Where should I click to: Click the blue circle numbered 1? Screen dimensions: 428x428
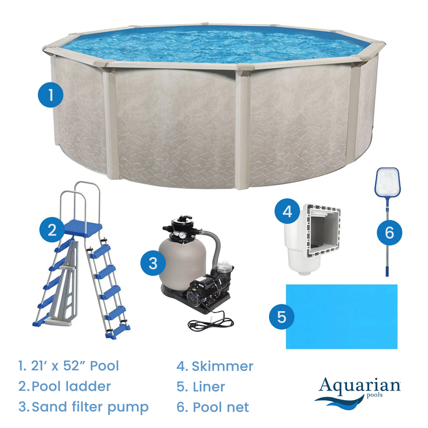tap(50, 95)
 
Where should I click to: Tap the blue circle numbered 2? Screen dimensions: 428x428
tap(52, 230)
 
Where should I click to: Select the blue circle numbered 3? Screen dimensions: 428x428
tap(153, 263)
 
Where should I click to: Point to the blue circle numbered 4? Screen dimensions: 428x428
tap(287, 211)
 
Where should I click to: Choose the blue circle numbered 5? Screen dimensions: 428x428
tap(281, 317)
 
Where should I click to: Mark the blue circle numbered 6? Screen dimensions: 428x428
tap(389, 232)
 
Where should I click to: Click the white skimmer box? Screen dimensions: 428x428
tap(311, 238)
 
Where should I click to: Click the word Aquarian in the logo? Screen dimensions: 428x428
tap(359, 386)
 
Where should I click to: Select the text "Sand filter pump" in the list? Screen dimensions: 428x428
tap(90, 407)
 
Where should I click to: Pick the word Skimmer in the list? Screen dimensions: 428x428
tap(222, 366)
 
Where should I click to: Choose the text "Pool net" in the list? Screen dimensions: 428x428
tap(221, 407)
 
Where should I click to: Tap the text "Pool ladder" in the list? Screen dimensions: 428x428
tap(71, 386)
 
